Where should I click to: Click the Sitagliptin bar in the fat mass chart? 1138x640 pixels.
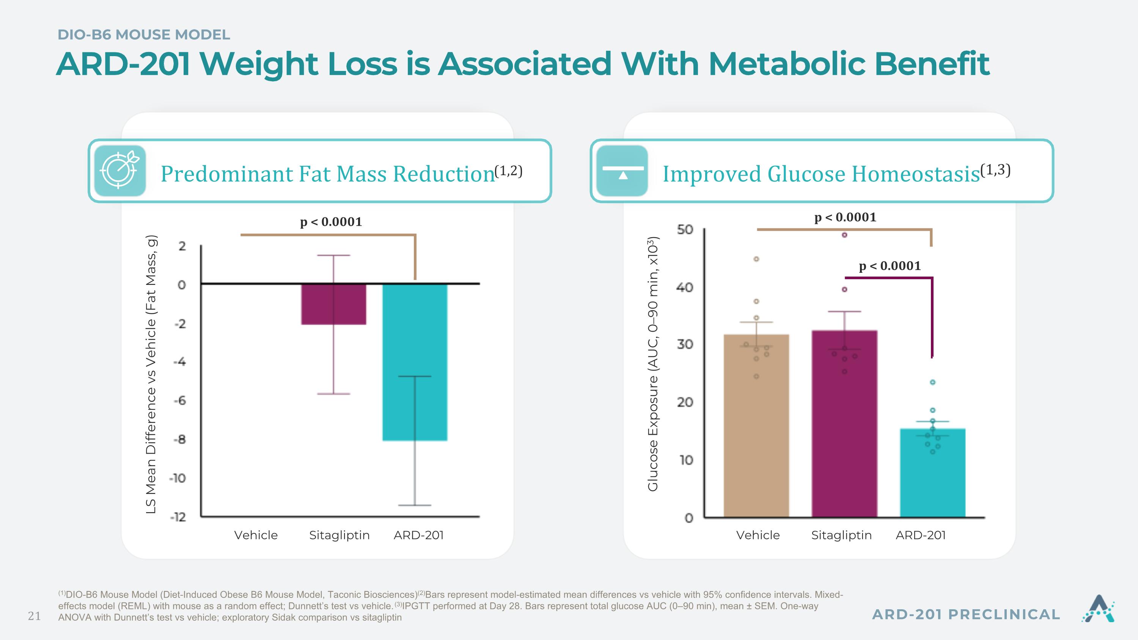tap(333, 304)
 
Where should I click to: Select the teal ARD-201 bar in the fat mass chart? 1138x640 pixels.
tap(415, 362)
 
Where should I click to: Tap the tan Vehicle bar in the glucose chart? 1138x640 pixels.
tap(756, 425)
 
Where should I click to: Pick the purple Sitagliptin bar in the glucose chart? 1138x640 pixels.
tap(844, 423)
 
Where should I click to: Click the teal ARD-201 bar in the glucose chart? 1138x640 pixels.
tap(932, 473)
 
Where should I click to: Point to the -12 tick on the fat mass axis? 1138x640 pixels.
tap(178, 517)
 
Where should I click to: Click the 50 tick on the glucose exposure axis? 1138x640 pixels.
tap(685, 230)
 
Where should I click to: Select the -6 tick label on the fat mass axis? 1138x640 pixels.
tap(179, 401)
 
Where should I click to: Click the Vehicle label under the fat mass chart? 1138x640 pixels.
tap(256, 535)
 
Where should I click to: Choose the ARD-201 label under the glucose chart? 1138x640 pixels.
tap(921, 535)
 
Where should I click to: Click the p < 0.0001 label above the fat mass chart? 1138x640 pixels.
tap(331, 222)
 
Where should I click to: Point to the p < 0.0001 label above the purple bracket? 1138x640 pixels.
tap(890, 266)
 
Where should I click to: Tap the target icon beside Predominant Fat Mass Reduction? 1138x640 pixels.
tap(120, 170)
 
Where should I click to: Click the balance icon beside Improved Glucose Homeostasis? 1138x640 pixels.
tap(622, 170)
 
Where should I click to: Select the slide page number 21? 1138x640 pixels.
tap(35, 616)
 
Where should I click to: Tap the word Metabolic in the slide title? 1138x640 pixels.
tap(786, 64)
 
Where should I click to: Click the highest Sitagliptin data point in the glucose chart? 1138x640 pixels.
tap(844, 235)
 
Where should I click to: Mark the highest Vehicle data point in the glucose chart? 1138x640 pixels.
tap(756, 259)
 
